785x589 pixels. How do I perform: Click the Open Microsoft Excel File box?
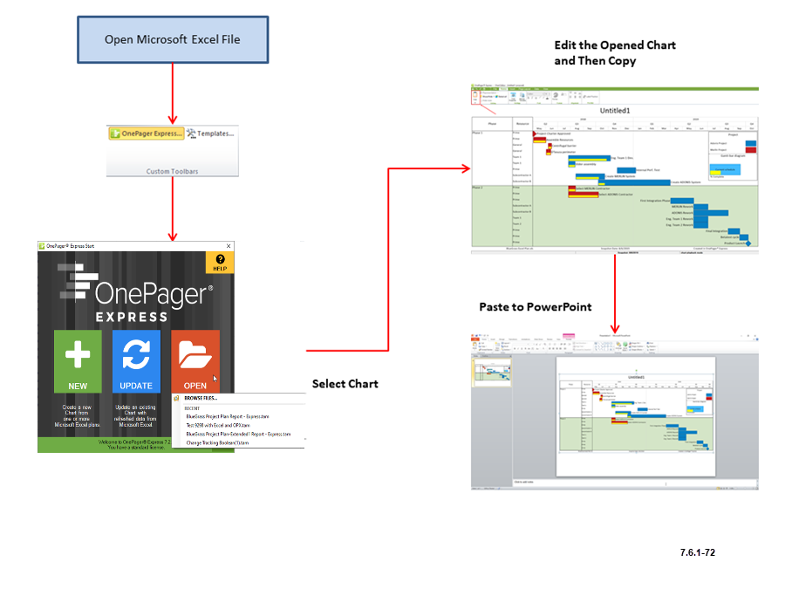173,39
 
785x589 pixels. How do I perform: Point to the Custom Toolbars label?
171,171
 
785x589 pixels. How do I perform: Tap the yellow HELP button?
219,263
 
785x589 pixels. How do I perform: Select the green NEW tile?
78,361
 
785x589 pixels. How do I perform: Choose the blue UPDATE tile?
136,361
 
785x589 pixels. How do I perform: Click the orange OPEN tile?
195,361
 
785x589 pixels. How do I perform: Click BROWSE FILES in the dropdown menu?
201,399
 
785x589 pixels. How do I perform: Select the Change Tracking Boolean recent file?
217,443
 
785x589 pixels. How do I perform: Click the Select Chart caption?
345,384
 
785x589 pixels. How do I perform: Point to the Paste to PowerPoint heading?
535,307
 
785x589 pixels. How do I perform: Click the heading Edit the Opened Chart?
614,45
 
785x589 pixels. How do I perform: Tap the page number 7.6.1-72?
698,552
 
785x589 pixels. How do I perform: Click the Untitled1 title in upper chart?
615,111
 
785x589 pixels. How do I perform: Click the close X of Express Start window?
229,246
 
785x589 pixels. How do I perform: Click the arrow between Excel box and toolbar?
173,92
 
